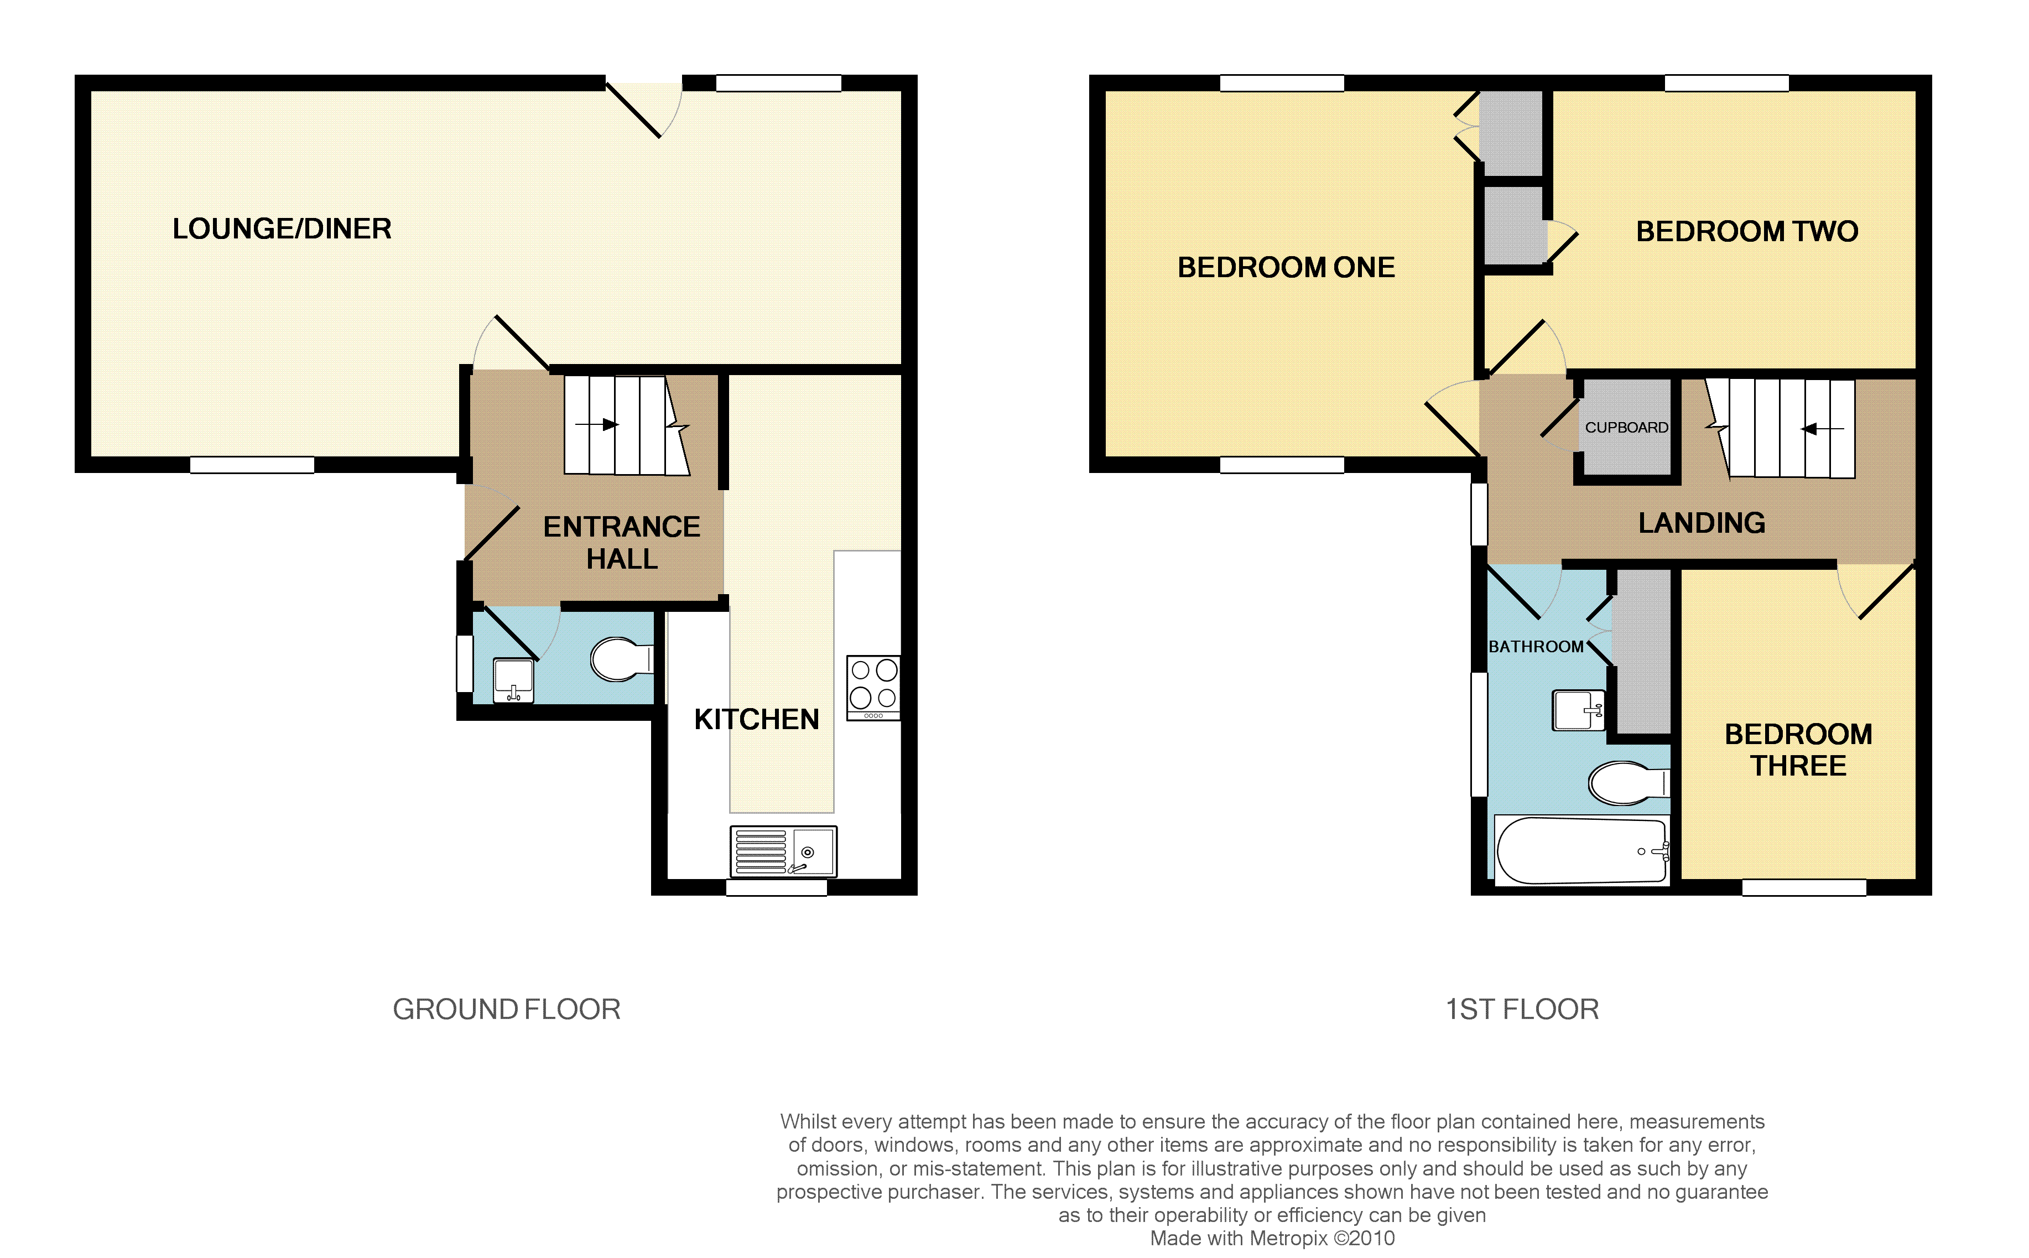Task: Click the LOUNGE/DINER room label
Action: (x=282, y=229)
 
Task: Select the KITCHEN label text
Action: (x=756, y=719)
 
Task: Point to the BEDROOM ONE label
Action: (x=1286, y=267)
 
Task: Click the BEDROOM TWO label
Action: (x=1747, y=231)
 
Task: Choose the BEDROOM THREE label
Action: (x=1798, y=750)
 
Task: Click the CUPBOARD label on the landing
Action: (x=1626, y=427)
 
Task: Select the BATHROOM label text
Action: (x=1536, y=647)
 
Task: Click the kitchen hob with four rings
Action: (x=873, y=687)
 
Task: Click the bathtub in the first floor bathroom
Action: (x=1581, y=850)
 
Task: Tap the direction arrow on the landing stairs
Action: (x=1822, y=429)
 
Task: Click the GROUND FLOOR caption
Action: (x=507, y=1009)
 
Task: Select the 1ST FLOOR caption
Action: (x=1522, y=1009)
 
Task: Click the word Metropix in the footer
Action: (x=1289, y=1238)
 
